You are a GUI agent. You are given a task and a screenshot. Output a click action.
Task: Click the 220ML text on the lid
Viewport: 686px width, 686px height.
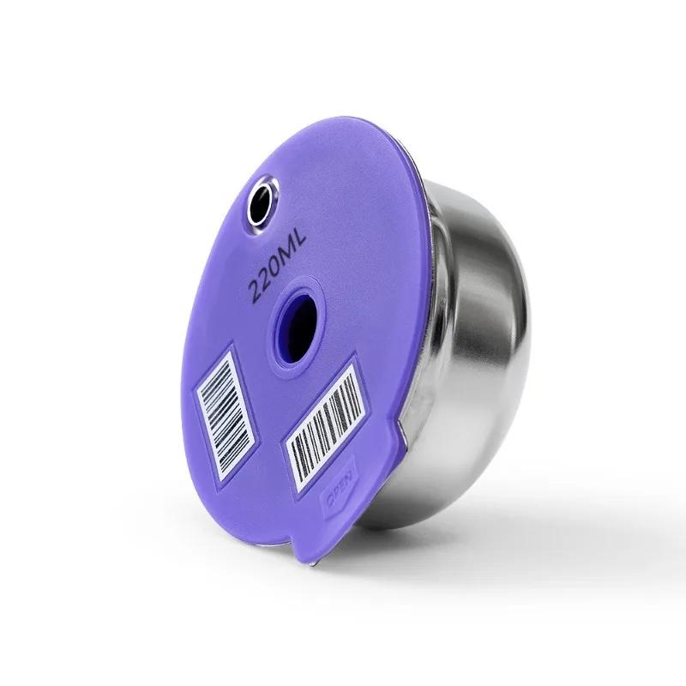pyautogui.click(x=277, y=268)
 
